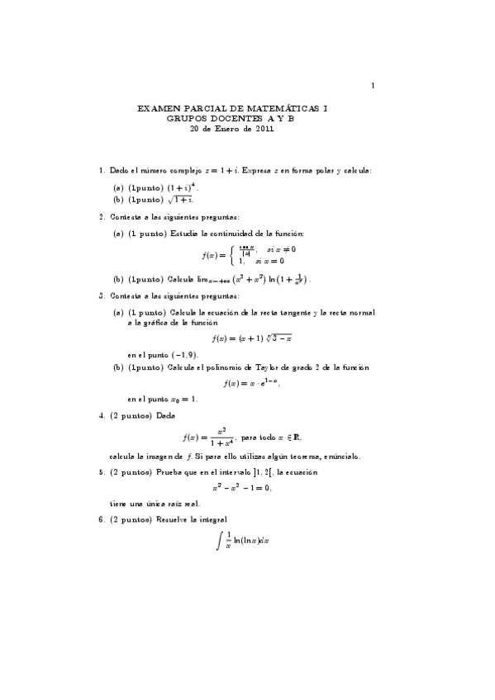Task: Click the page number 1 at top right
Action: pyautogui.click(x=374, y=85)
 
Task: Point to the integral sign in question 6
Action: pyautogui.click(x=218, y=542)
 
